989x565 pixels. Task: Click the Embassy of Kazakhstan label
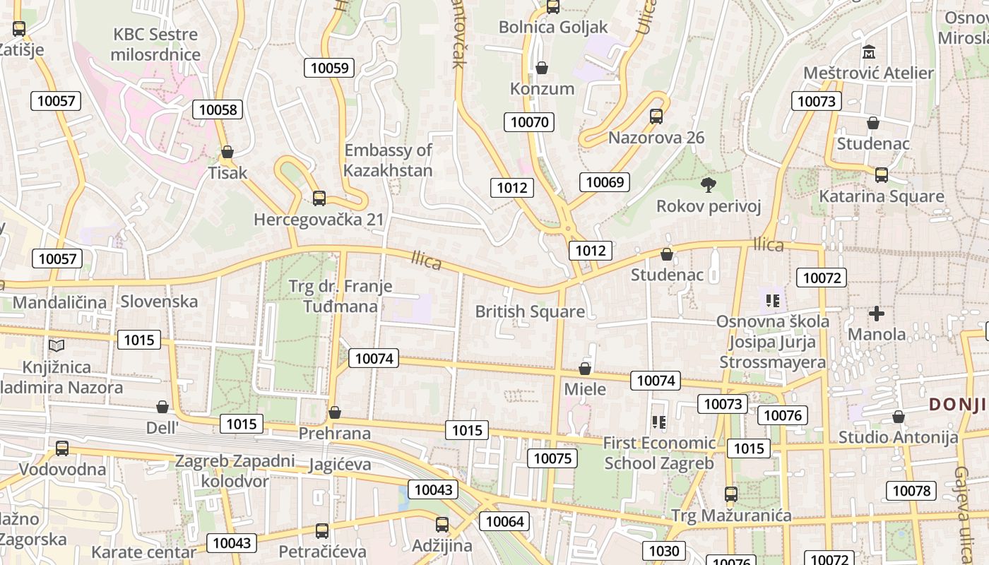(388, 160)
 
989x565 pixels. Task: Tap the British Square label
(530, 311)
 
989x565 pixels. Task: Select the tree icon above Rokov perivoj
(708, 185)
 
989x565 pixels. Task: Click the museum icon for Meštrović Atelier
(868, 52)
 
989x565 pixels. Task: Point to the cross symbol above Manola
(877, 313)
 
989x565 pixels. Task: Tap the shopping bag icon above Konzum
(542, 68)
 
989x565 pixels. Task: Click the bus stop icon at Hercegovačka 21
(319, 198)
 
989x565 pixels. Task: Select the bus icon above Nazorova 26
(656, 117)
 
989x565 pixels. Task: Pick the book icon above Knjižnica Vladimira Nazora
(57, 345)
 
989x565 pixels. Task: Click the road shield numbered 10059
(329, 68)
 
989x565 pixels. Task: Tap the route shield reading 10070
(529, 121)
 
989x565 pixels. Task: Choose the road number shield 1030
(663, 551)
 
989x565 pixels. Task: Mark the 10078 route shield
(912, 490)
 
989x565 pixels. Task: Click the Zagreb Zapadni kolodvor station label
(235, 471)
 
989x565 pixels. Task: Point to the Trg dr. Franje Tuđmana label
(340, 297)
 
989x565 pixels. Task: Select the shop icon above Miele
(585, 369)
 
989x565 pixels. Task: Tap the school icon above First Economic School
(659, 422)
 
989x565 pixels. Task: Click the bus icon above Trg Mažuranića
(731, 494)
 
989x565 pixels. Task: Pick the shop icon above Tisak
(227, 152)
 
